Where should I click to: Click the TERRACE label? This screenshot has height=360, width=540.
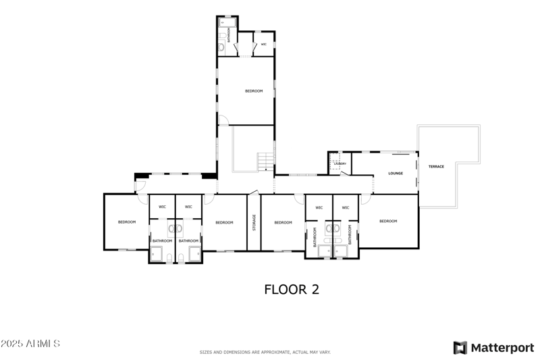click(x=436, y=166)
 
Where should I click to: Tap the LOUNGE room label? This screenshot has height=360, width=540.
click(x=396, y=173)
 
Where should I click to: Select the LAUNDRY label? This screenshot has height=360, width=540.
click(x=340, y=163)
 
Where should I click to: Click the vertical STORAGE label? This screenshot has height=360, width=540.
click(x=254, y=222)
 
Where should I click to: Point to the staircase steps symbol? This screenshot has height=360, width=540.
click(x=265, y=162)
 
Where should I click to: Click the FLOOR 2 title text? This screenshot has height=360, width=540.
click(x=291, y=290)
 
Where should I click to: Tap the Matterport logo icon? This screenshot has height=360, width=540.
click(x=460, y=348)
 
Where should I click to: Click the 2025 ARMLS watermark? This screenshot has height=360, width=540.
click(x=30, y=344)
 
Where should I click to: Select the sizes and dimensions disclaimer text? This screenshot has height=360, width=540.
click(x=265, y=353)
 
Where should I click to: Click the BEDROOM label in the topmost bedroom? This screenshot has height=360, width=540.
click(x=254, y=91)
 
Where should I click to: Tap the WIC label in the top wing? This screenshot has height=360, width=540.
click(x=264, y=45)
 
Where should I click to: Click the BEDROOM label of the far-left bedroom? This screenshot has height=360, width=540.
click(x=127, y=222)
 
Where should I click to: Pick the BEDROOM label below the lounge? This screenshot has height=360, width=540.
click(x=388, y=222)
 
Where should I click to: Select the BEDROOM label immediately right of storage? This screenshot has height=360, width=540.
click(x=283, y=222)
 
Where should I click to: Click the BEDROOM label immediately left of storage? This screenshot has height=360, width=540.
click(x=224, y=222)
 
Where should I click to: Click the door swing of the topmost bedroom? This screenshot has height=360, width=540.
click(x=223, y=120)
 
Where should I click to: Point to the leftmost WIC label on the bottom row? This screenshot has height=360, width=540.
click(x=162, y=207)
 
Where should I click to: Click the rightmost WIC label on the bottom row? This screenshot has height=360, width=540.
click(x=345, y=207)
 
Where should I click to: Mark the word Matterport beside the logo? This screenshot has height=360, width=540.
click(x=502, y=348)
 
